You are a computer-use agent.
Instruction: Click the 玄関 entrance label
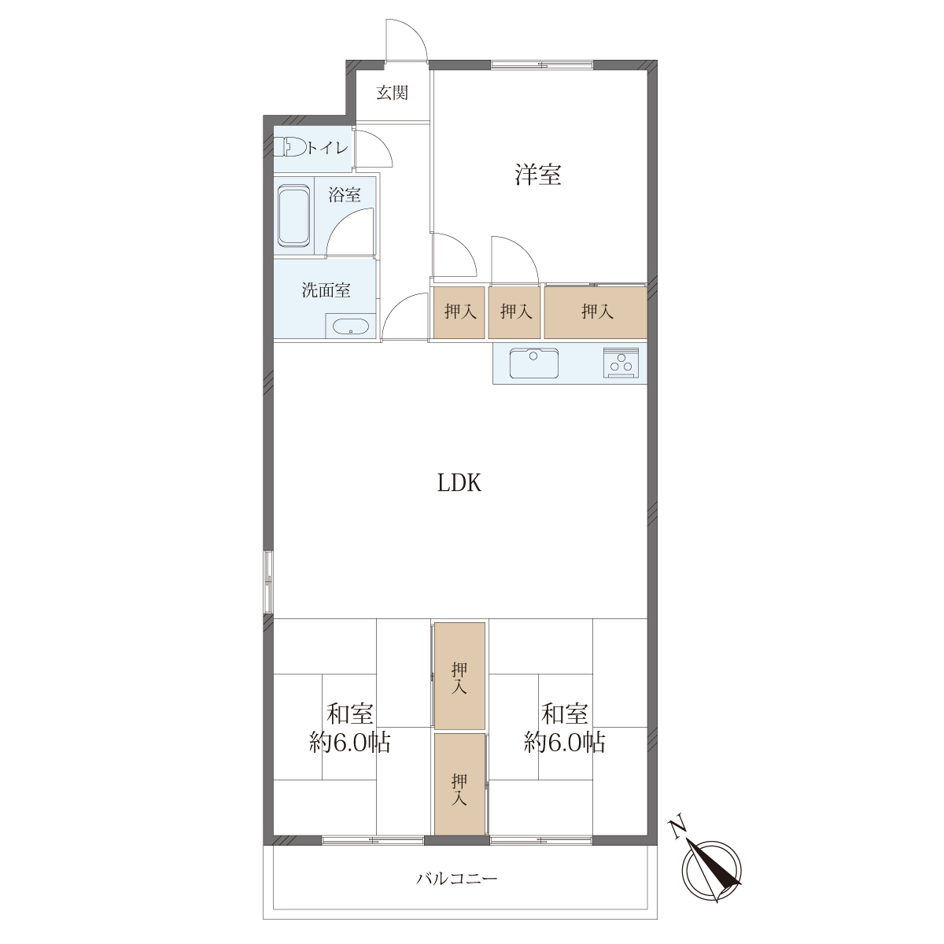tap(393, 93)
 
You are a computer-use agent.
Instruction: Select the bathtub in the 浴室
tap(294, 216)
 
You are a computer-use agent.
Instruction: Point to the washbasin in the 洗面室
tap(351, 326)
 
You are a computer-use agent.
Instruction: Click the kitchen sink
tap(534, 363)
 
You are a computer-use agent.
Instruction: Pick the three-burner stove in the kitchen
tap(621, 363)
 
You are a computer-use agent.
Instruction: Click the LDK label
tap(459, 483)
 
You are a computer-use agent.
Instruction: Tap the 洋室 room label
tap(538, 174)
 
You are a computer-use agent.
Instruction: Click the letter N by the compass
tap(678, 828)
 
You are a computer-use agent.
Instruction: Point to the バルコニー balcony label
tap(457, 879)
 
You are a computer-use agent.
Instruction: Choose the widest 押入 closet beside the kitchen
tap(596, 312)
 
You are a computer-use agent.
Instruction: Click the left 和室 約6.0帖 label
tap(350, 729)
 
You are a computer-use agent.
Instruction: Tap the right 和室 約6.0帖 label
tap(565, 729)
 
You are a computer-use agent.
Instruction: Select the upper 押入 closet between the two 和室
tap(460, 677)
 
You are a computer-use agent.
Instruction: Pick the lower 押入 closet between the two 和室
tap(460, 784)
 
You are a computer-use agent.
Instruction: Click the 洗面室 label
tap(326, 290)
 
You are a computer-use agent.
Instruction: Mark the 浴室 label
tap(345, 195)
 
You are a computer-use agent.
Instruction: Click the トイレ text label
tap(327, 147)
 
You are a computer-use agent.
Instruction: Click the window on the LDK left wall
tap(268, 581)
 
